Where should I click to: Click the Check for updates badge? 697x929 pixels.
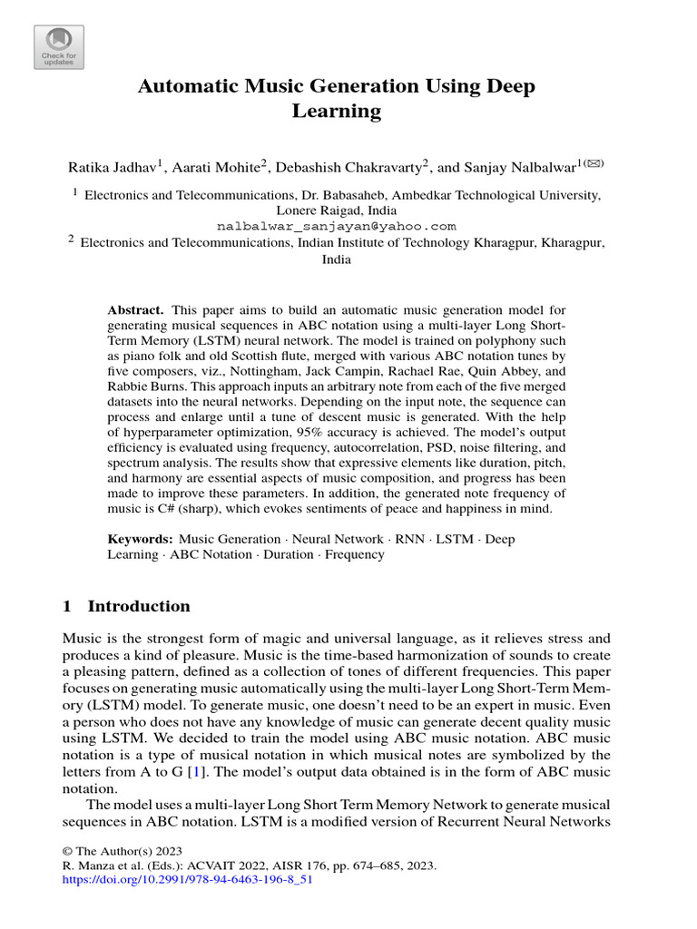(59, 46)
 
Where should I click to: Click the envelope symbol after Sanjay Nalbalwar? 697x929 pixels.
(594, 163)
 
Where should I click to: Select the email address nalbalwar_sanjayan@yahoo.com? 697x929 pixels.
(336, 226)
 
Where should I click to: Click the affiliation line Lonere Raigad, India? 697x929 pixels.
(336, 210)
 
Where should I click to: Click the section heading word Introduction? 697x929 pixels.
(139, 606)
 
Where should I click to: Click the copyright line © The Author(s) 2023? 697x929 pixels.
(123, 851)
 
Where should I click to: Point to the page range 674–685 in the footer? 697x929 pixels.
(379, 865)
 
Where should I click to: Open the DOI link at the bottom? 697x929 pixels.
(187, 880)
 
